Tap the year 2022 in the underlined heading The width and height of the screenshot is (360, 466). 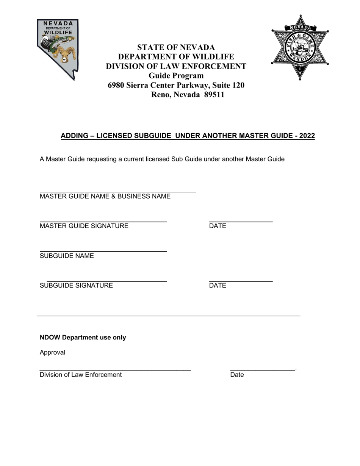pos(307,136)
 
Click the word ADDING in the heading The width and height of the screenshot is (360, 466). pos(74,136)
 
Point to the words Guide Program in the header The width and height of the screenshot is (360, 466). pos(176,76)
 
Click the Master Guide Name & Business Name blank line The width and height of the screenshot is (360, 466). pos(117,192)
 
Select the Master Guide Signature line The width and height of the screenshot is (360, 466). pos(103,221)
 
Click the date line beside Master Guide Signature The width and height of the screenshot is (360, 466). pos(241,221)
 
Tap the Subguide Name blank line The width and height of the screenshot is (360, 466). pos(103,251)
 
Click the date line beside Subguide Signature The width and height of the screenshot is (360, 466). pos(241,281)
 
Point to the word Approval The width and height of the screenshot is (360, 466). pos(52,352)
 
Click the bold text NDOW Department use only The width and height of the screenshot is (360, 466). pos(83,338)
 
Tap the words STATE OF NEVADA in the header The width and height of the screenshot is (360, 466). pos(176,47)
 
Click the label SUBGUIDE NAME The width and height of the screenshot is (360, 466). pos(67,256)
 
